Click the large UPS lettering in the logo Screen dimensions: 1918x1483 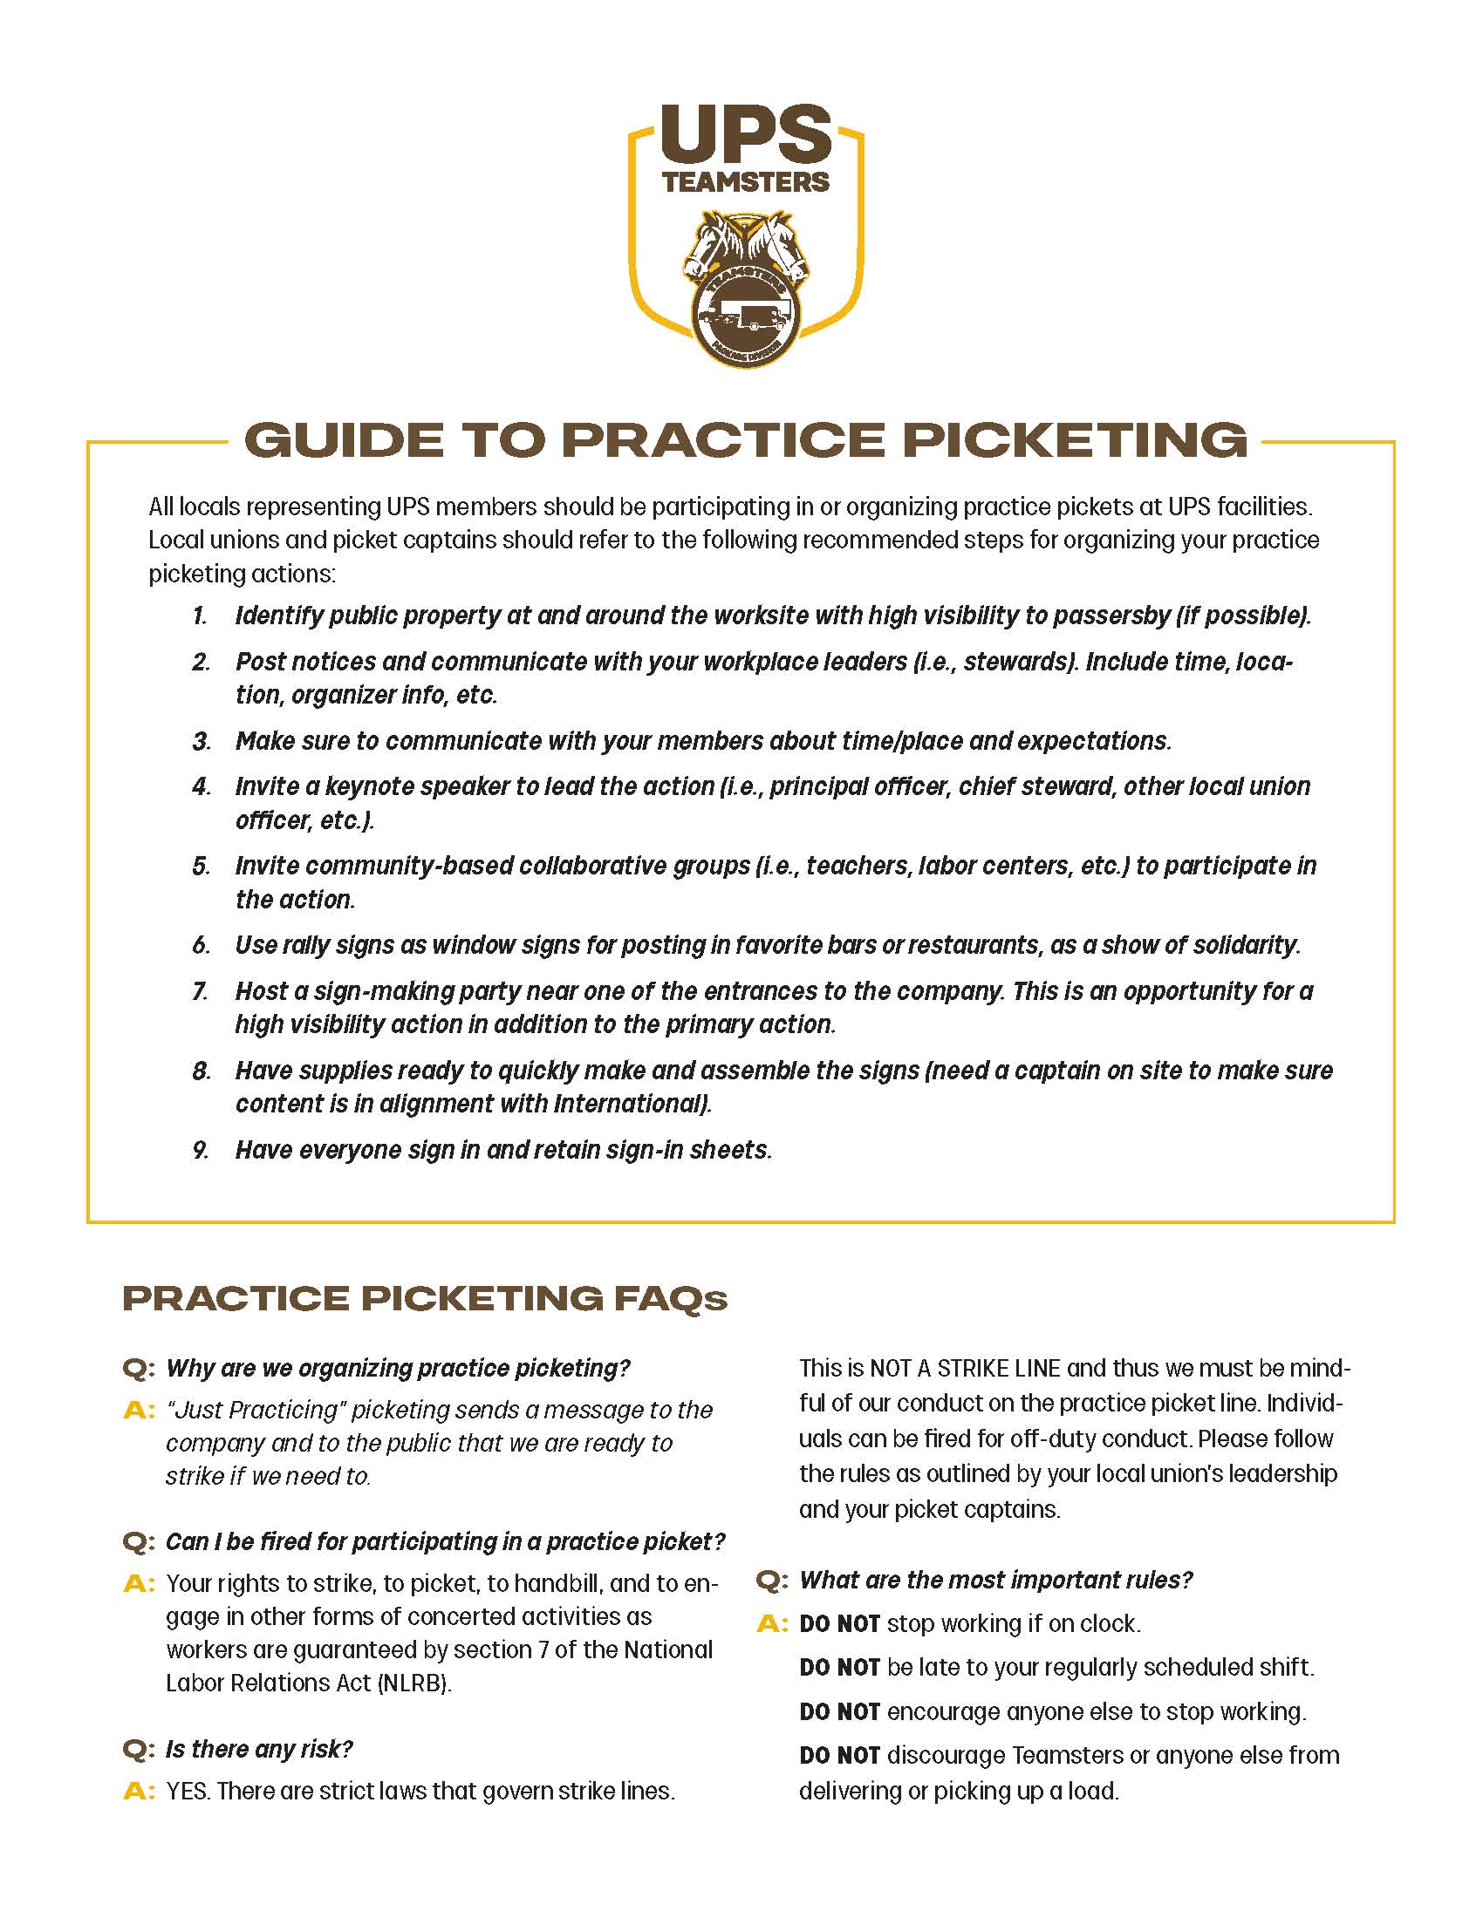[745, 134]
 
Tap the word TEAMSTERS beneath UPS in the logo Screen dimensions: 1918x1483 [745, 182]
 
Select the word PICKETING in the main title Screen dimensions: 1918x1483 [1076, 440]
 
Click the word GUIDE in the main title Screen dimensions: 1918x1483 [345, 440]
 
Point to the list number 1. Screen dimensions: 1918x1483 [200, 616]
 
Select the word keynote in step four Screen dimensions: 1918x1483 [393, 786]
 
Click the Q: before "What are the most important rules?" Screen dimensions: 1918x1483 [771, 1581]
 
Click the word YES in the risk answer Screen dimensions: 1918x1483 [187, 1792]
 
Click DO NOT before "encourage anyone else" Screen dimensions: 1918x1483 [839, 1711]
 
